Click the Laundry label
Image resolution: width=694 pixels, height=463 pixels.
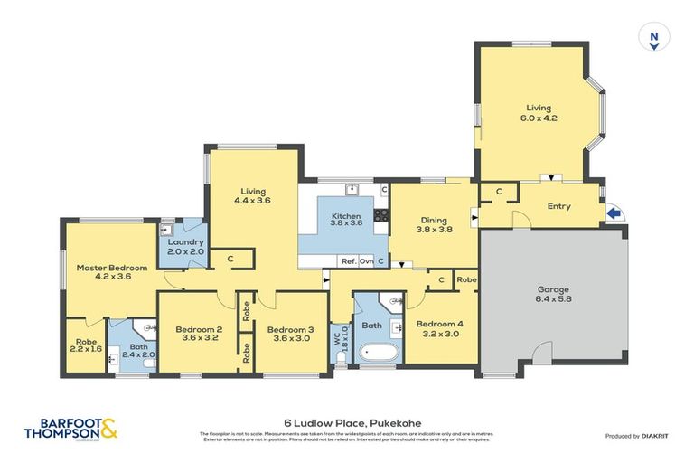coord(185,242)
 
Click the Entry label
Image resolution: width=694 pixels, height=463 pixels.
coord(558,206)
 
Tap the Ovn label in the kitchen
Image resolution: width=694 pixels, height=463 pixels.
coord(366,261)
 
